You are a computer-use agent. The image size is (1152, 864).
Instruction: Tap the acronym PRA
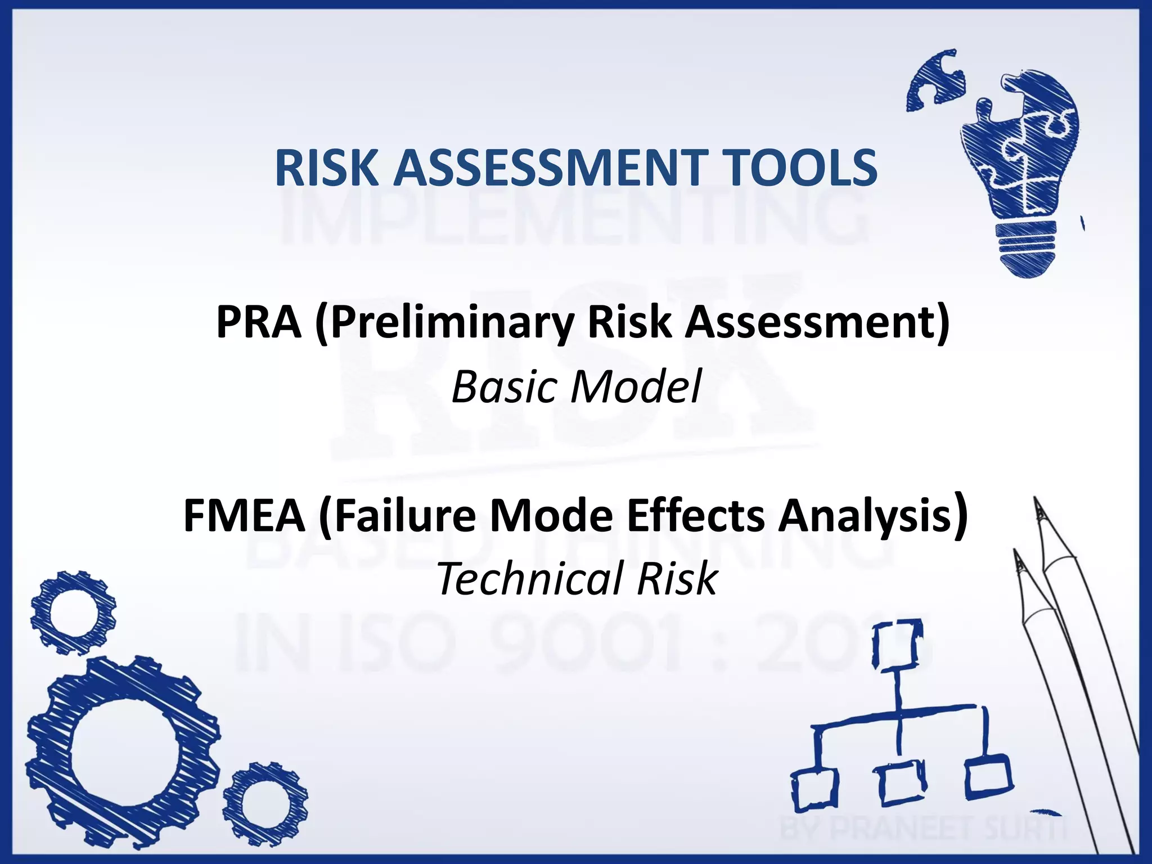(258, 322)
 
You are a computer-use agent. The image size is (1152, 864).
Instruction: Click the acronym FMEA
(244, 516)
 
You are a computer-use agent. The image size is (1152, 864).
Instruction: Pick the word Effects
(695, 516)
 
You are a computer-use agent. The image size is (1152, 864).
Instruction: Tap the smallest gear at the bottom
(265, 805)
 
